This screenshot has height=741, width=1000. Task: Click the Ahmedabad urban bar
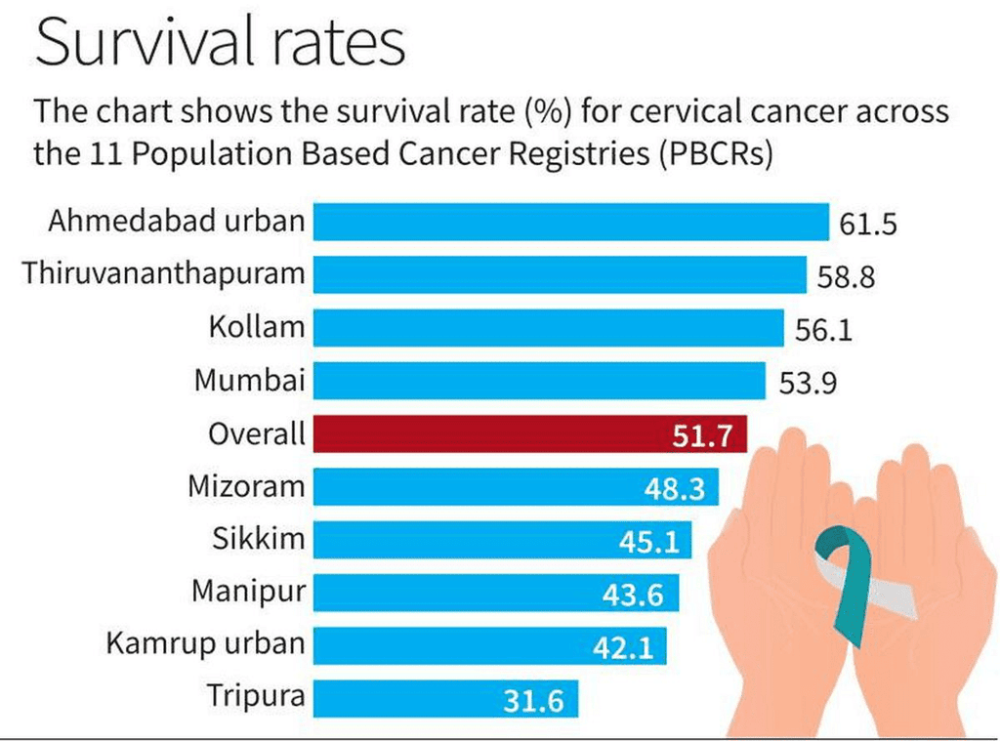570,223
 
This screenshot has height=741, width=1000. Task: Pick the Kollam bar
548,328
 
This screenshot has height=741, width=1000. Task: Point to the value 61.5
868,226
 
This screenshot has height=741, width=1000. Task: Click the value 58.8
846,278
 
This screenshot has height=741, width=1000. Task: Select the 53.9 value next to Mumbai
808,383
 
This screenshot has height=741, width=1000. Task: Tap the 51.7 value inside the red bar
702,435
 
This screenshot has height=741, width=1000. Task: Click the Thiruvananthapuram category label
164,273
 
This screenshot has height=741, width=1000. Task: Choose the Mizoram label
246,485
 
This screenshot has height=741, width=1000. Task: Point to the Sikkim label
258,538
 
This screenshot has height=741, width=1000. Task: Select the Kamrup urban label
205,643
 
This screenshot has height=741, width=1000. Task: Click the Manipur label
248,591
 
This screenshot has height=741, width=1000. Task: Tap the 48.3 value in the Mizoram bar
675,488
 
